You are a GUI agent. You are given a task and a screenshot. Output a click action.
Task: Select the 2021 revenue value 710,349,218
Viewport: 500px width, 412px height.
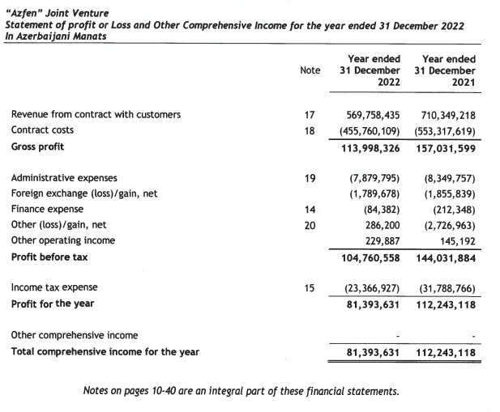click(444, 115)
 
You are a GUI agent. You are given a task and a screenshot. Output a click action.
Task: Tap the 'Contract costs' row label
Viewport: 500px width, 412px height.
click(42, 130)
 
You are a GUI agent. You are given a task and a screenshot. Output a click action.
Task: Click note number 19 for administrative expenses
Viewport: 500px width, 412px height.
click(309, 178)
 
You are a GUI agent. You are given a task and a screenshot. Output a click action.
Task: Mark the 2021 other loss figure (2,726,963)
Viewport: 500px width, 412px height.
click(447, 225)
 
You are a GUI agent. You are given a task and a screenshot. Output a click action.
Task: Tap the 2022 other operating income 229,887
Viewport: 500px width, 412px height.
click(379, 240)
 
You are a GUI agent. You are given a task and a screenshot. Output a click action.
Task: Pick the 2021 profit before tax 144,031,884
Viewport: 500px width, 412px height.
click(444, 257)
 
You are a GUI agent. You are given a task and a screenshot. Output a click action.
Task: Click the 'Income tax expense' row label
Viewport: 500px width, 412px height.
click(53, 287)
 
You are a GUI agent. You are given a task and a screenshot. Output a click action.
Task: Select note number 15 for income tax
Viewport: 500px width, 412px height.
click(309, 287)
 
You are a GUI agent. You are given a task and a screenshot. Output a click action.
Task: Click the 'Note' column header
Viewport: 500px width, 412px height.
click(310, 70)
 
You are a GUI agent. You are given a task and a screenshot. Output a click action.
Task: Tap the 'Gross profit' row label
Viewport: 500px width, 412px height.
click(37, 147)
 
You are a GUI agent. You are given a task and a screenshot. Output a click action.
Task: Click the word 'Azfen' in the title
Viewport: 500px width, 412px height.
click(24, 11)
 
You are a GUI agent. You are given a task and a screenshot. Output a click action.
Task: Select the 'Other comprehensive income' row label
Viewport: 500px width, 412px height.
click(75, 335)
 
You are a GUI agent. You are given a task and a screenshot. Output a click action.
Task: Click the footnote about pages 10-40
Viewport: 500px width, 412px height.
click(241, 392)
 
